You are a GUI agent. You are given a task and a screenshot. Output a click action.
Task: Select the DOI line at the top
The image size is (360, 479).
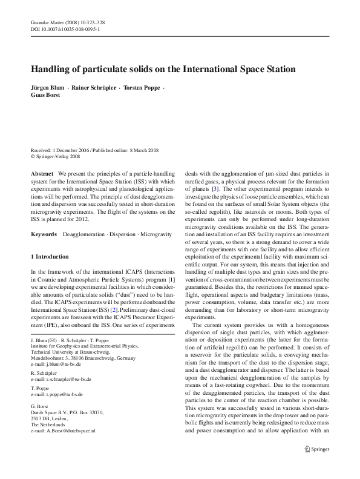tap(65, 28)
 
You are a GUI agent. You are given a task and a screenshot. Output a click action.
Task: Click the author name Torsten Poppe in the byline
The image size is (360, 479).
tap(141, 88)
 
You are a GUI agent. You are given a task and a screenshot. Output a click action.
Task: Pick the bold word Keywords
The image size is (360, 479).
tap(44, 234)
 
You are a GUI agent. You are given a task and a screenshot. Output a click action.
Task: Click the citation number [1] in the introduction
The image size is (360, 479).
tap(171, 280)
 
